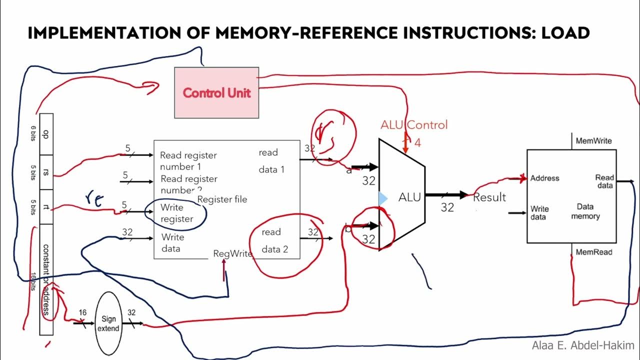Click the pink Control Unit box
(216, 92)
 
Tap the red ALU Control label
(414, 125)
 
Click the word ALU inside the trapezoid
(409, 197)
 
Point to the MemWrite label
(593, 141)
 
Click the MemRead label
(593, 252)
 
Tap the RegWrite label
(232, 253)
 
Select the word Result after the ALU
(489, 197)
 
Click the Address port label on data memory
(544, 178)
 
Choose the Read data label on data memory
(604, 181)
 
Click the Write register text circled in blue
(176, 213)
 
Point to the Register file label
(222, 199)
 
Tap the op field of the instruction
(46, 133)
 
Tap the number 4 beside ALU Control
(417, 143)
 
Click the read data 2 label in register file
(274, 240)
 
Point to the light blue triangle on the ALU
(382, 198)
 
